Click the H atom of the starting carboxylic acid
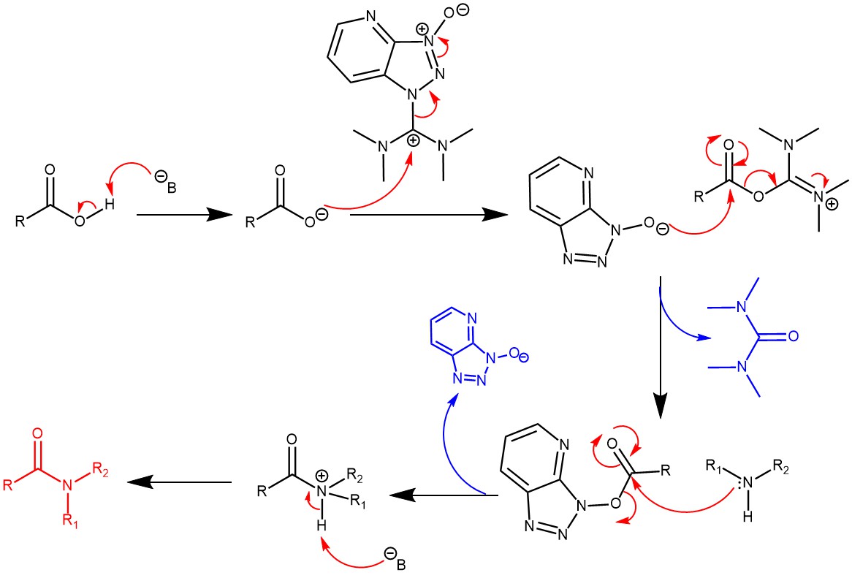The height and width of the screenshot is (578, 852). click(x=108, y=206)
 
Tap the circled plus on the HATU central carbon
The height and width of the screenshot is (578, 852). click(x=413, y=141)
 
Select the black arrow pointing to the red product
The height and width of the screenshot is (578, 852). click(x=179, y=482)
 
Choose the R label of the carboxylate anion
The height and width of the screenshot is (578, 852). click(x=250, y=221)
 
